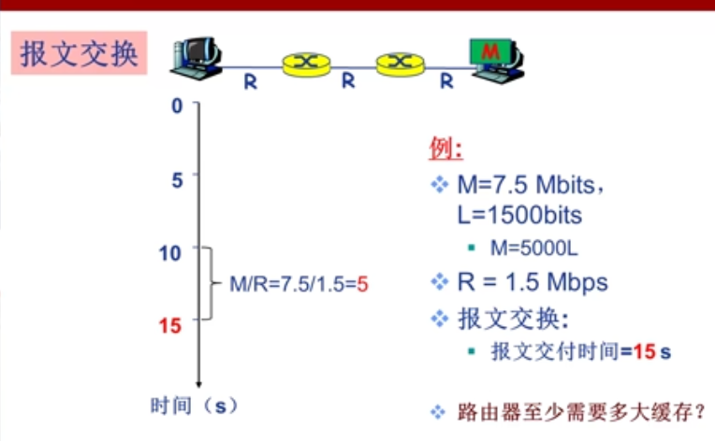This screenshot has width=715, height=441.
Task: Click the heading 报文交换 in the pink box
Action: pos(79,54)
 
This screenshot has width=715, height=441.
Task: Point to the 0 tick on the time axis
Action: pos(177,106)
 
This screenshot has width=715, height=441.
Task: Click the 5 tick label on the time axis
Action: pos(177,178)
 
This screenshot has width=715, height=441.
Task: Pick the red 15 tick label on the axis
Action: pos(170,326)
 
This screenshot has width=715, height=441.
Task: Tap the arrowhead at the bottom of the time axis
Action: pos(198,383)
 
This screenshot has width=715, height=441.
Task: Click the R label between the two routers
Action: pos(348,81)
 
